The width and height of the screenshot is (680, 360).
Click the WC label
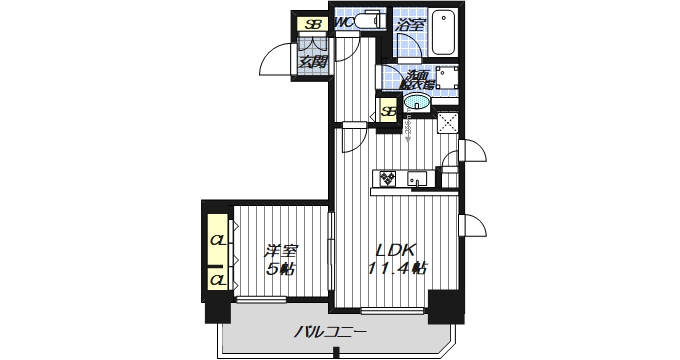pos(342,22)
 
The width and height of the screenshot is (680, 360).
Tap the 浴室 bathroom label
pos(409,24)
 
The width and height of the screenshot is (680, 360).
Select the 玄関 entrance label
pos(313,62)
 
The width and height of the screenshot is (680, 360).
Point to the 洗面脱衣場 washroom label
pos(418,81)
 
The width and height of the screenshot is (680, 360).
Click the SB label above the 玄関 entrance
pos(314,24)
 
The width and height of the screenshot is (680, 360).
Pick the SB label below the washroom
pos(388,111)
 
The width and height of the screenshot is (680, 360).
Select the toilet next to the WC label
pos(366,21)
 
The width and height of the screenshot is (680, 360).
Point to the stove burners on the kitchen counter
pos(387,179)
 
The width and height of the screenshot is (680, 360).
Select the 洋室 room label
pos(280,250)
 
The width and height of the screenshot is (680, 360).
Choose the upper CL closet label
pos(217,241)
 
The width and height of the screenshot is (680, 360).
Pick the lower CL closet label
pos(217,277)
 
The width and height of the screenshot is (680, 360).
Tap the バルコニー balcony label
pos(331,331)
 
